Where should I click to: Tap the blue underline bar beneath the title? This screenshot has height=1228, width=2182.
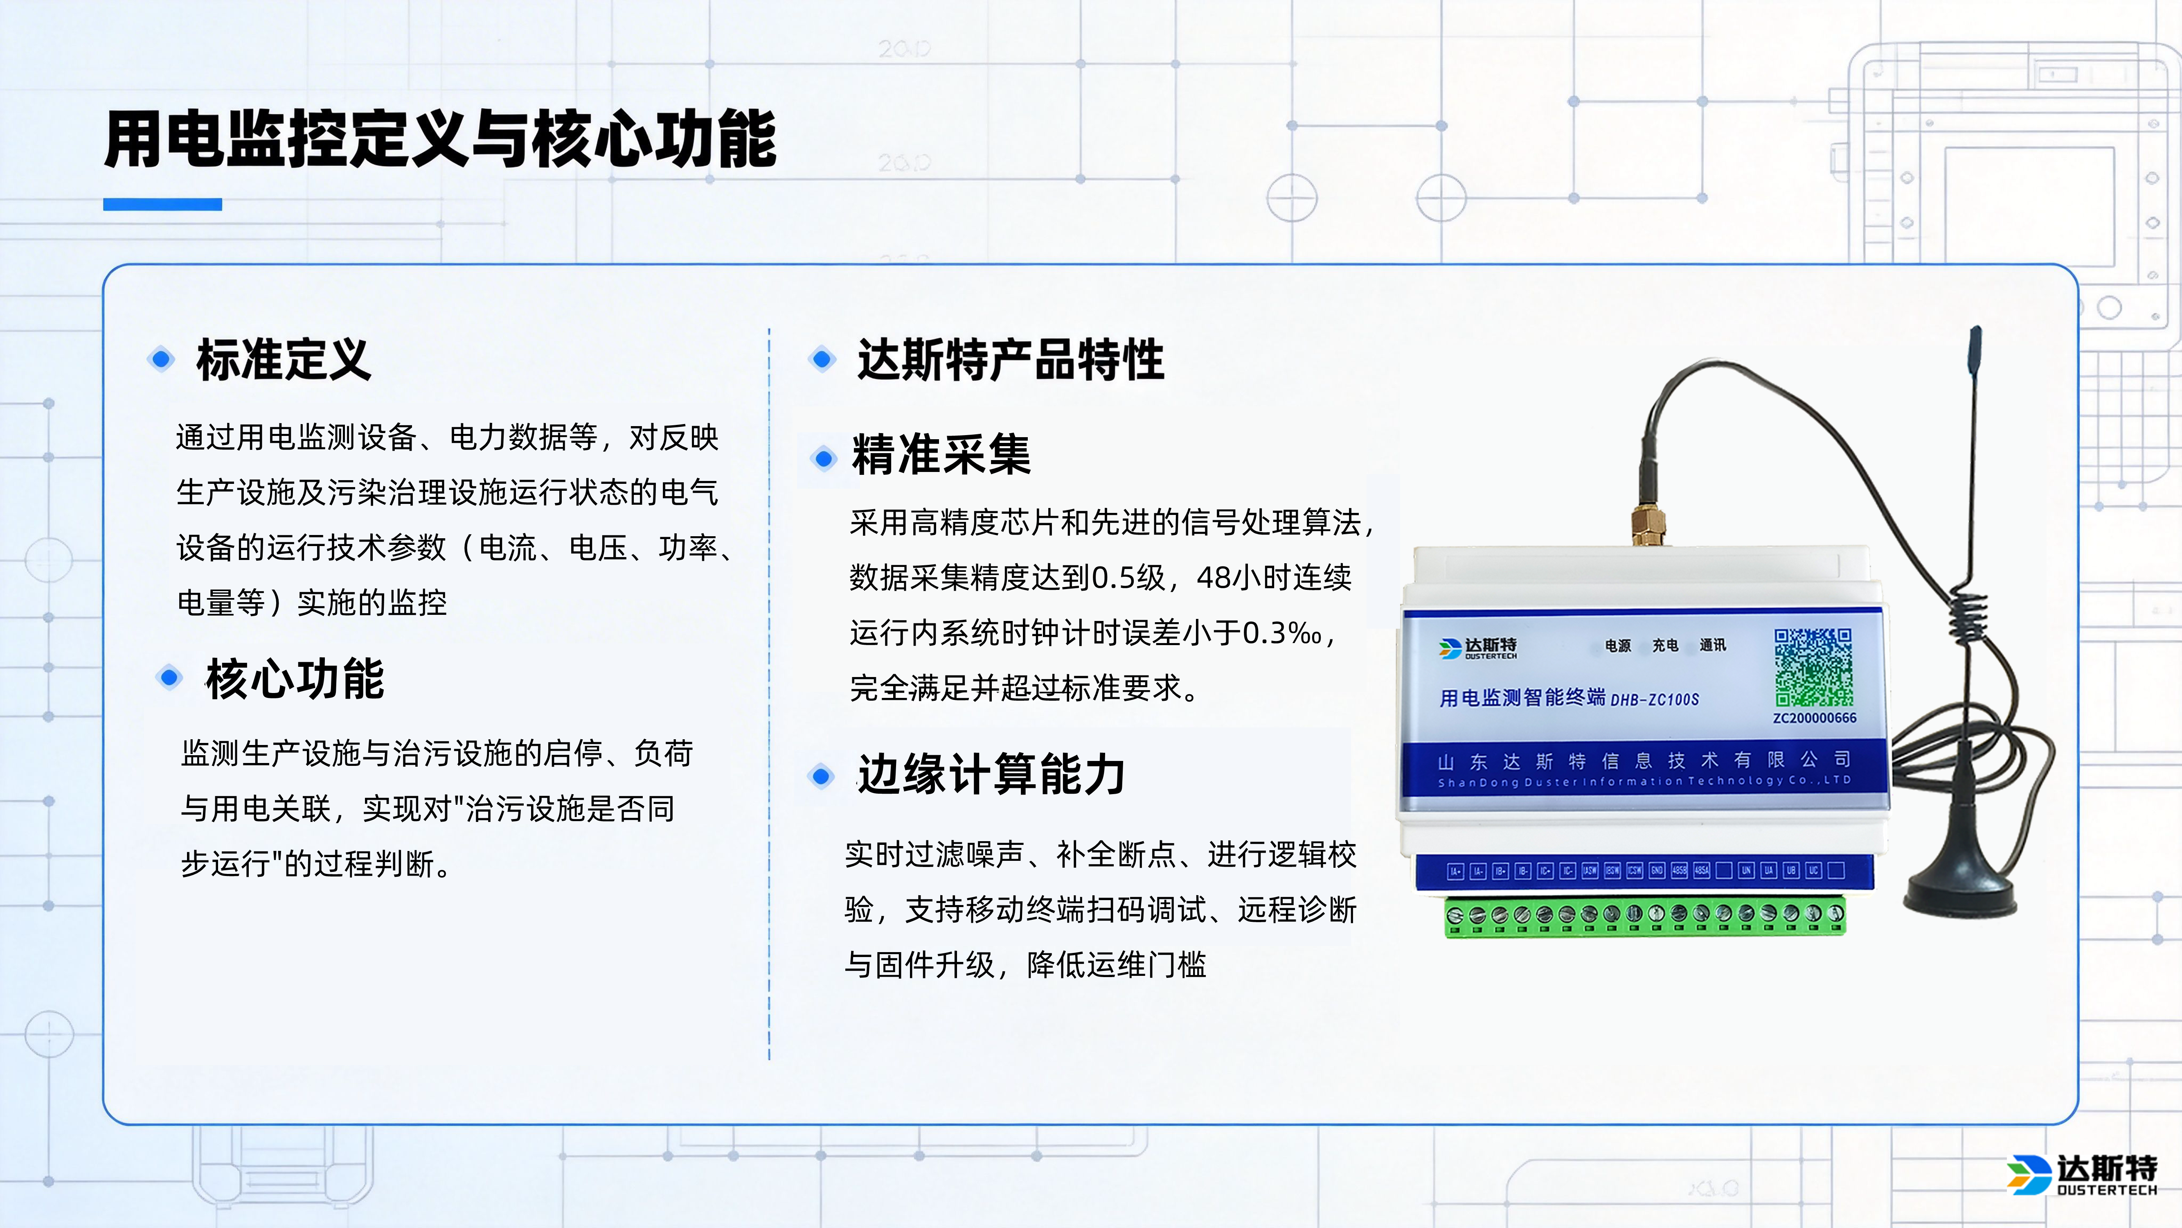pyautogui.click(x=162, y=204)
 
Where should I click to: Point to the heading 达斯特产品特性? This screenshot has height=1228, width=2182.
pyautogui.click(x=1011, y=359)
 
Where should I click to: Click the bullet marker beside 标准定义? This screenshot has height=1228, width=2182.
pyautogui.click(x=161, y=359)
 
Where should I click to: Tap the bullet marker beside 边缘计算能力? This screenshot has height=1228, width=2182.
pyautogui.click(x=821, y=774)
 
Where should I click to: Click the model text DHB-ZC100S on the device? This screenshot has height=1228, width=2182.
pyautogui.click(x=1654, y=699)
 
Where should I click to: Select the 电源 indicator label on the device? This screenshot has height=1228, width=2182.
pyautogui.click(x=1617, y=646)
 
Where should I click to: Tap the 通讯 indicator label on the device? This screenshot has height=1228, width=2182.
pyautogui.click(x=1712, y=646)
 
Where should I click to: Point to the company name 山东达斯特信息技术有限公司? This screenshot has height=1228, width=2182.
pyautogui.click(x=1643, y=760)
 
